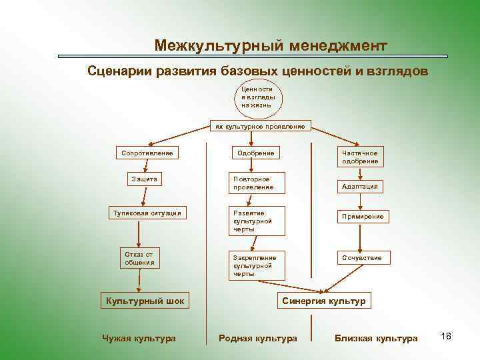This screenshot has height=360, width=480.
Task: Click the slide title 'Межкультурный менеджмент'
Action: (x=270, y=45)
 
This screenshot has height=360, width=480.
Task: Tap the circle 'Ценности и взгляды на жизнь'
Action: (x=257, y=97)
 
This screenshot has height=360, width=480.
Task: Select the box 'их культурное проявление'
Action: (x=260, y=126)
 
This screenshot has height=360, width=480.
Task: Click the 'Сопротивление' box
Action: (x=147, y=153)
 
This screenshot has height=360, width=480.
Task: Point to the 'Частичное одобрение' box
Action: (x=360, y=157)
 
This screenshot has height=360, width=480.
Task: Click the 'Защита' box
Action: (x=144, y=179)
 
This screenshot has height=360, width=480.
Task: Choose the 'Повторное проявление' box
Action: (x=257, y=183)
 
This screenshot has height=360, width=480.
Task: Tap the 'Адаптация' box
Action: (x=360, y=187)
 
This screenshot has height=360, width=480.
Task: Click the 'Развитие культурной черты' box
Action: (x=257, y=221)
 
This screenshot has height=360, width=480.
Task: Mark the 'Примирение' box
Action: (x=363, y=217)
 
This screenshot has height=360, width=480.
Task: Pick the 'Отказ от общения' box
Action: (x=139, y=258)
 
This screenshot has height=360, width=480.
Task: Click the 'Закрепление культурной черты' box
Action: (x=257, y=265)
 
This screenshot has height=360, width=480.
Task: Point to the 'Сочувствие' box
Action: (x=363, y=257)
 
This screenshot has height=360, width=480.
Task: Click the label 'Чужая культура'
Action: (x=139, y=339)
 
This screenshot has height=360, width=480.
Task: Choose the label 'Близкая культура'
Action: (x=376, y=339)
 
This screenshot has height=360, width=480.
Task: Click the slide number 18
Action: (x=446, y=336)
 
